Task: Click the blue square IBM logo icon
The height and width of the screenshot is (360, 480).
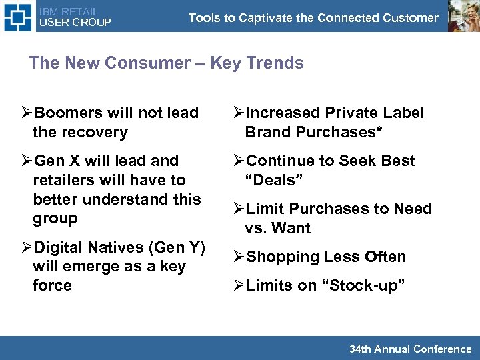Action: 17,17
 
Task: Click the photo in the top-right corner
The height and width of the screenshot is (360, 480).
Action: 463,16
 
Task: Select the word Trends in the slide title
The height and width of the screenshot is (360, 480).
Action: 275,63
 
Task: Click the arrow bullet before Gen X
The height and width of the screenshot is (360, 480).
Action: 27,161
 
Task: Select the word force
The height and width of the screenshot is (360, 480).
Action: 52,286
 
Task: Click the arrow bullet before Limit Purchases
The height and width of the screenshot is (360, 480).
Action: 239,209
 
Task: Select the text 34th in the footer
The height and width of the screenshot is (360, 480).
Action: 360,349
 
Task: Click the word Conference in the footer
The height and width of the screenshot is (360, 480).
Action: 442,349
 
